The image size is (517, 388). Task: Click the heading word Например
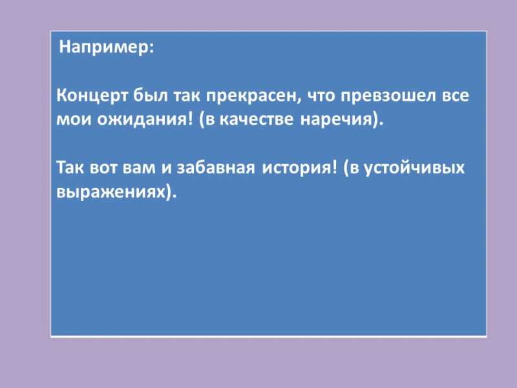(104, 47)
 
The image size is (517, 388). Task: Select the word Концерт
(92, 96)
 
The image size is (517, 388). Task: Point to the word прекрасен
(253, 96)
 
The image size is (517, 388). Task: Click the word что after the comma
(321, 96)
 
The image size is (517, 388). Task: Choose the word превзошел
(388, 96)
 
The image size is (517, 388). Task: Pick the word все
(455, 96)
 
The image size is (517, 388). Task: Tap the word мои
(74, 120)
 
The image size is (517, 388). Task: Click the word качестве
(256, 120)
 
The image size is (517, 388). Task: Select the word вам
(139, 167)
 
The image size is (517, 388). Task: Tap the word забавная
(216, 167)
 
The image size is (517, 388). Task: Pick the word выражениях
(111, 191)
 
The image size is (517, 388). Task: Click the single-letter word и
(167, 167)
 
